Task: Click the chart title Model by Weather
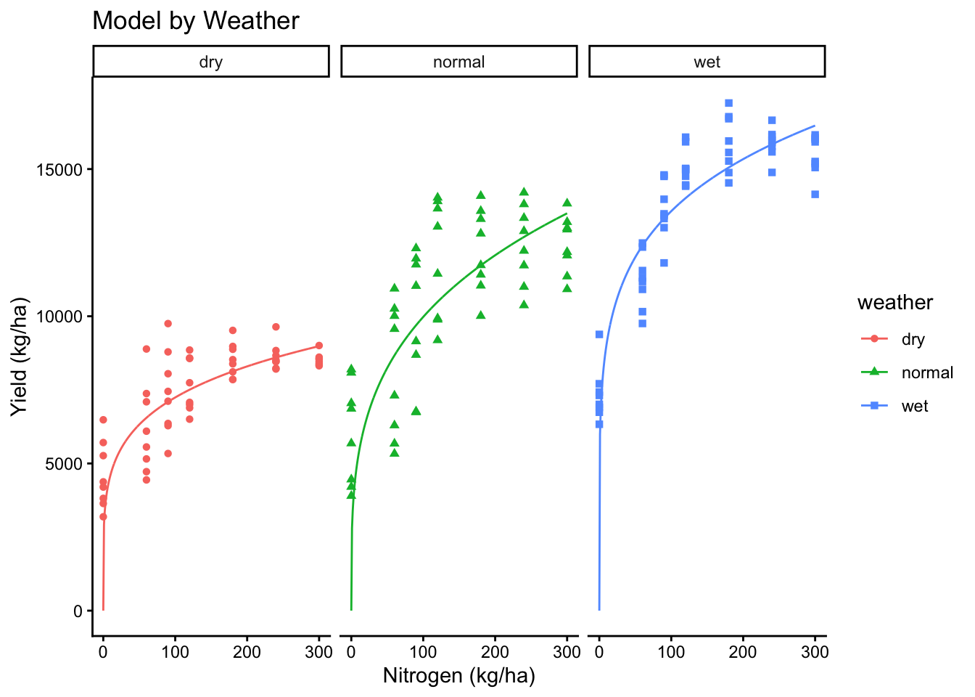pyautogui.click(x=196, y=20)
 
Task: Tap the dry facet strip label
pyautogui.click(x=210, y=62)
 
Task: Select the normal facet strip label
pyautogui.click(x=458, y=62)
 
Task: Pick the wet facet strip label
pyautogui.click(x=707, y=62)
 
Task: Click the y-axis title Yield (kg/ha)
pyautogui.click(x=20, y=356)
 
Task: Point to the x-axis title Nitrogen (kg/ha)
pyautogui.click(x=458, y=676)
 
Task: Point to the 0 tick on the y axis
pyautogui.click(x=78, y=611)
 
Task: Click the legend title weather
pyautogui.click(x=895, y=303)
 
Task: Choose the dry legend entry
pyautogui.click(x=913, y=339)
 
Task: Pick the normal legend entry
pyautogui.click(x=926, y=372)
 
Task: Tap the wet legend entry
pyautogui.click(x=914, y=406)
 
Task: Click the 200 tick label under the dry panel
pyautogui.click(x=247, y=652)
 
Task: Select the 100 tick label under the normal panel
pyautogui.click(x=423, y=652)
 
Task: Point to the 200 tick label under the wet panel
pyautogui.click(x=743, y=652)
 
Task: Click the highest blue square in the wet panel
pyautogui.click(x=728, y=103)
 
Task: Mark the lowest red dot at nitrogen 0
pyautogui.click(x=103, y=517)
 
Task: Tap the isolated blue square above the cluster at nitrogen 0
pyautogui.click(x=599, y=335)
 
